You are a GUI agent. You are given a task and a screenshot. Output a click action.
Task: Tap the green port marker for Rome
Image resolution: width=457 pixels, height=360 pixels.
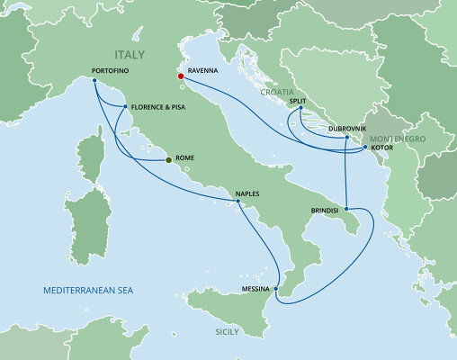coord(168,160)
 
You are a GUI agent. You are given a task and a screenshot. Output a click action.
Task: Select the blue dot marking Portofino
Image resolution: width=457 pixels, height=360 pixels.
coord(94,79)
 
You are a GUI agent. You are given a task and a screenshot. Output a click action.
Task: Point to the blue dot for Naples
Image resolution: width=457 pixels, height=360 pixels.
coord(239,203)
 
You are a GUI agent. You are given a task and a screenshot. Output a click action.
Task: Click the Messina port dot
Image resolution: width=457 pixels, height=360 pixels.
coord(276,290)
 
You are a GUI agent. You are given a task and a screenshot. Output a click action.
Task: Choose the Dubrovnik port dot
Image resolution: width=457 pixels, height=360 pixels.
coord(346,138)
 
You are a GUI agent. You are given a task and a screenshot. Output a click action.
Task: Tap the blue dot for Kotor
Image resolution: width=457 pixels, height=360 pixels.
coord(364,147)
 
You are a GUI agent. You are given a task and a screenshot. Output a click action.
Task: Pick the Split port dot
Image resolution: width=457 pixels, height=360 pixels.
coord(300,109)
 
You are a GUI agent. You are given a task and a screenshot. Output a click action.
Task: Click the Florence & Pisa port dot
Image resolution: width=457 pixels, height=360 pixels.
coord(122,105)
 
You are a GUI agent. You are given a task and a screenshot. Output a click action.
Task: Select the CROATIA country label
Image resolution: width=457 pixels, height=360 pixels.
coord(276,92)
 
